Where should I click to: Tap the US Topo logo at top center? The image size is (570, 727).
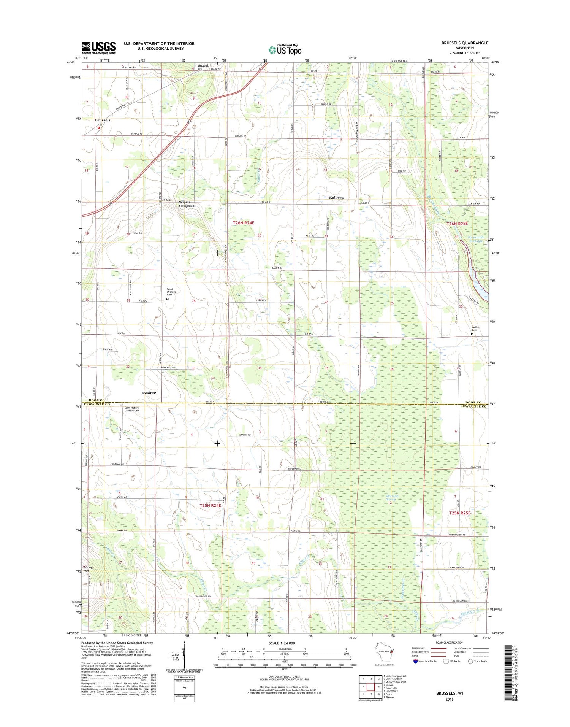[x=285, y=49]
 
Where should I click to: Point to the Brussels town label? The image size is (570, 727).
[x=103, y=120]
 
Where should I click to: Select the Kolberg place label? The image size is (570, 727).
[x=336, y=197]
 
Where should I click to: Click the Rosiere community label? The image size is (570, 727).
[x=149, y=392]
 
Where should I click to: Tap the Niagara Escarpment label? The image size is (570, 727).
[x=187, y=204]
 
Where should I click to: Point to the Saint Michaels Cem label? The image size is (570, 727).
[x=172, y=291]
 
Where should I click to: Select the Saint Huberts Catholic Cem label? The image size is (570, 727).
[x=132, y=409]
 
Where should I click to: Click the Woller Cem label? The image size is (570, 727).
[x=475, y=329]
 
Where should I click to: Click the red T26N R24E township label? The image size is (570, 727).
[x=246, y=222]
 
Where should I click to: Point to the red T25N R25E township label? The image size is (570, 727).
[x=459, y=513]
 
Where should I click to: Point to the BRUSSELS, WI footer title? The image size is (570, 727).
[x=450, y=693]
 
